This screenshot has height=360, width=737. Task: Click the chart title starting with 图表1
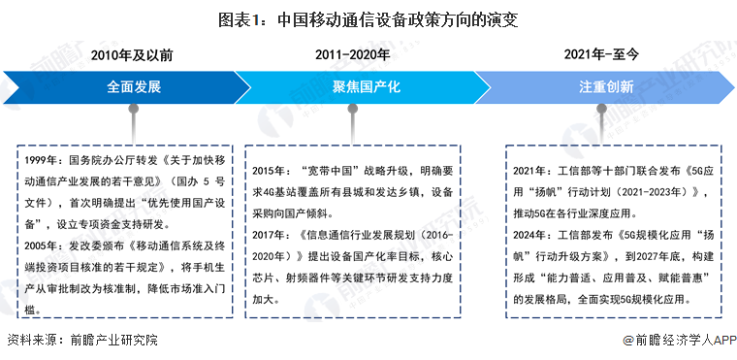(x=368, y=18)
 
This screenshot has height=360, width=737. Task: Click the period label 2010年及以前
(x=133, y=55)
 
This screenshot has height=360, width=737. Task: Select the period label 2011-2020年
(x=353, y=55)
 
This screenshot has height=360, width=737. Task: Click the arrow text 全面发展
(x=133, y=86)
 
